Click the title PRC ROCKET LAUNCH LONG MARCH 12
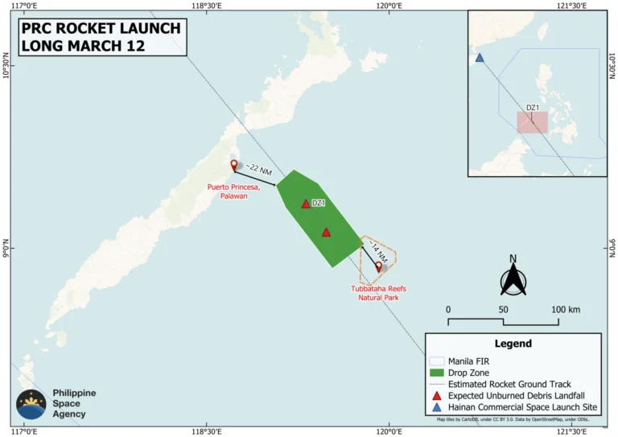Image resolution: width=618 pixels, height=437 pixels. [101, 37]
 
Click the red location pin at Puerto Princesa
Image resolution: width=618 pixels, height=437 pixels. [234, 165]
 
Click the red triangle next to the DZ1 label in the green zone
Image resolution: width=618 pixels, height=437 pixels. [305, 204]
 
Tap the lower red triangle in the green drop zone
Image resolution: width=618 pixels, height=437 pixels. [326, 233]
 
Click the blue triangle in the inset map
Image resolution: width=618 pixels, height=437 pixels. [480, 58]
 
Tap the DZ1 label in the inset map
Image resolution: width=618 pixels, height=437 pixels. [532, 107]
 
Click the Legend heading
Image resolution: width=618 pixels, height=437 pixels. [513, 344]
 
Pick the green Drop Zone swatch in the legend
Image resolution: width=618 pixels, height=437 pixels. [438, 373]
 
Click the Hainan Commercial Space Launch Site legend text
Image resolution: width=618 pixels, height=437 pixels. [525, 407]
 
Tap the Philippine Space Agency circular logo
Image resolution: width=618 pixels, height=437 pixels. [31, 403]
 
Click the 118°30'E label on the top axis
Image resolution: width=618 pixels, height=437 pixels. [208, 6]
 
